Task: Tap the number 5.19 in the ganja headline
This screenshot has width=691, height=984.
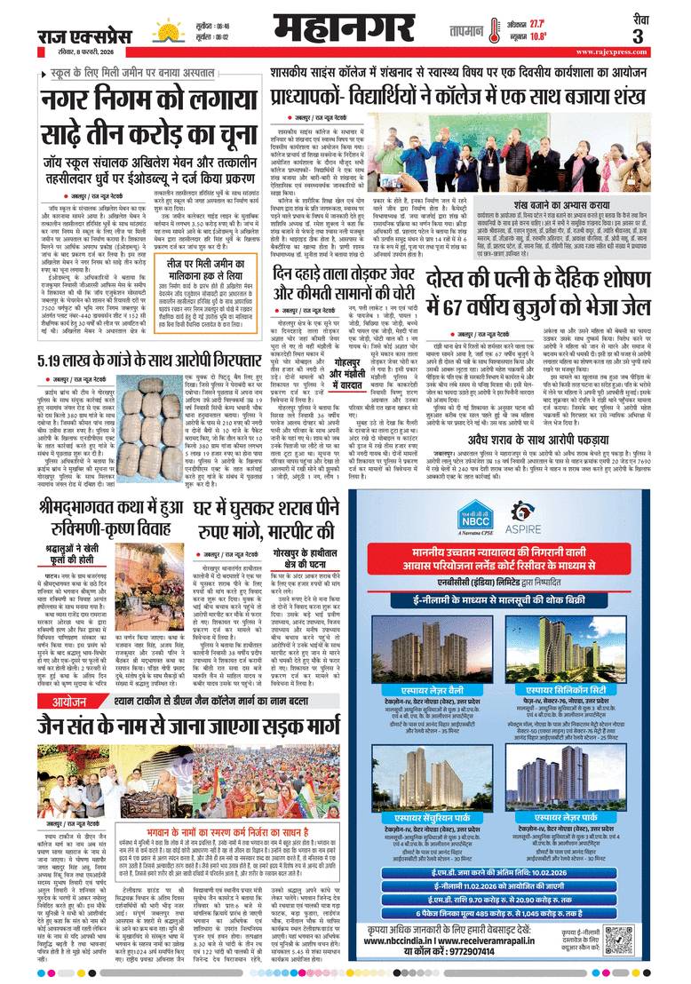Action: coord(58,363)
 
